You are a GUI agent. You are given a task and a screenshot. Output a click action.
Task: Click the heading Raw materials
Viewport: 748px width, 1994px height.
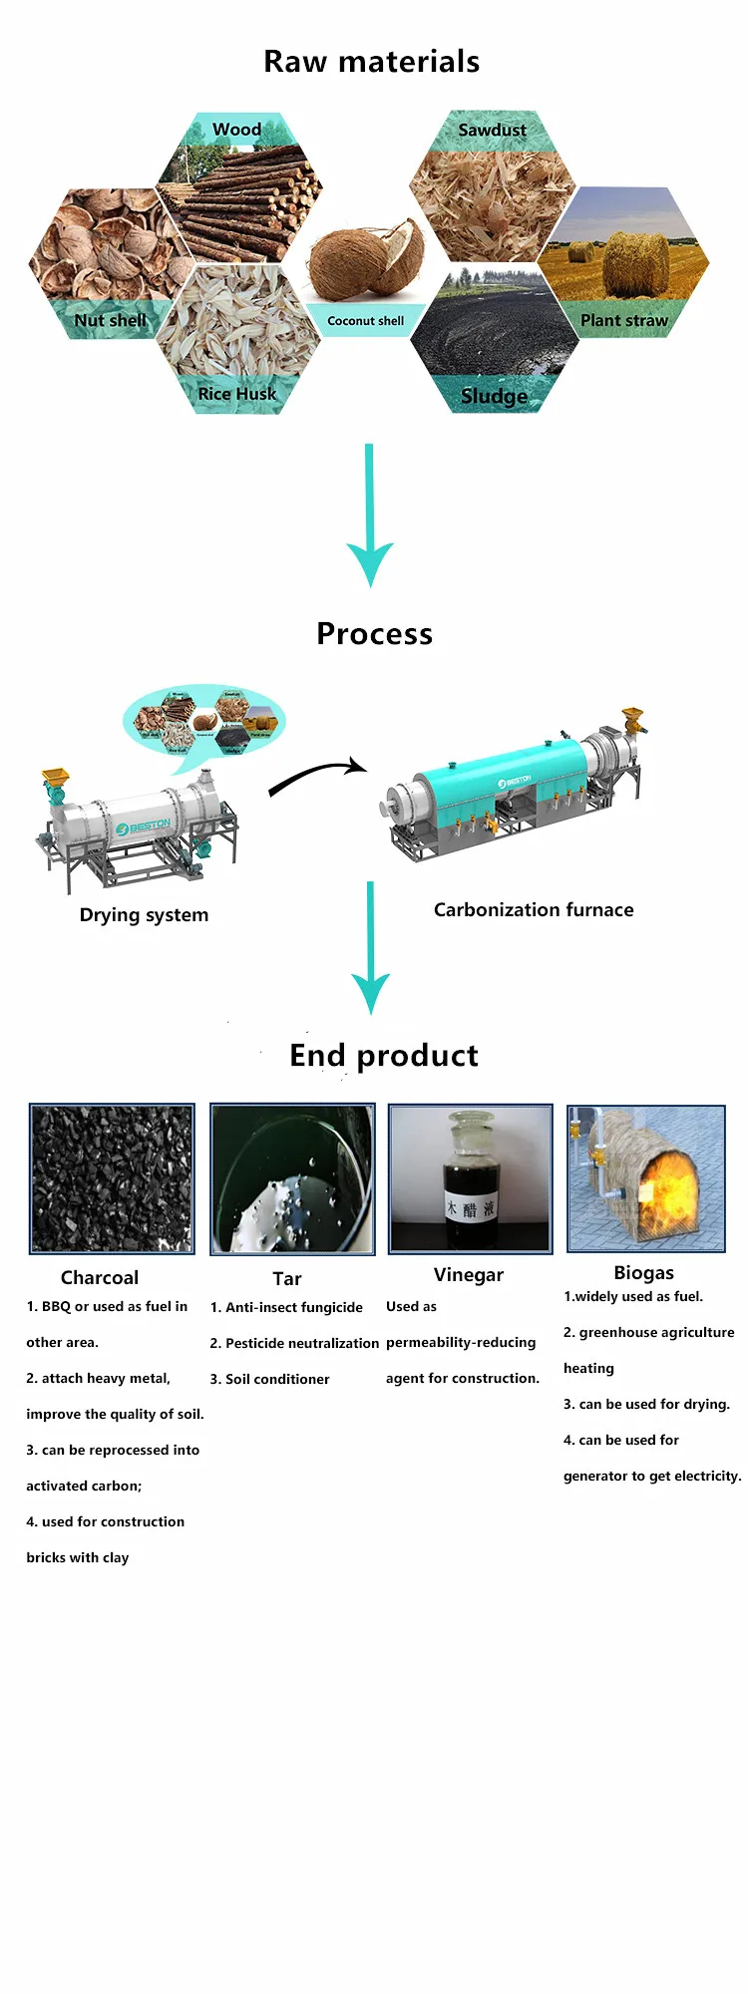(x=371, y=62)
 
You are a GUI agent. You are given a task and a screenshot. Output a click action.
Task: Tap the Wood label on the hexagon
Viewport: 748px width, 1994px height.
(x=237, y=130)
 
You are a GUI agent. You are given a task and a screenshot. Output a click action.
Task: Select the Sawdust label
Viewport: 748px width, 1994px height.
(x=492, y=130)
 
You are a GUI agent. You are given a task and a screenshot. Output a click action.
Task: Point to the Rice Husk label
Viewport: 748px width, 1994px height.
(x=237, y=394)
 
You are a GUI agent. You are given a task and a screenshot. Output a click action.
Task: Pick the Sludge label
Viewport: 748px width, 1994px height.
(x=495, y=396)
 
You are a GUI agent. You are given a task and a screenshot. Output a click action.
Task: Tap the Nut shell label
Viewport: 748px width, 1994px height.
(x=110, y=320)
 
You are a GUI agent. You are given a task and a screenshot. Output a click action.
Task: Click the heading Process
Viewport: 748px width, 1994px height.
(x=374, y=634)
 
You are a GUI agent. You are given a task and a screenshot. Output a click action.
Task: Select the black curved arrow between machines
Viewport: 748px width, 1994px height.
(x=317, y=774)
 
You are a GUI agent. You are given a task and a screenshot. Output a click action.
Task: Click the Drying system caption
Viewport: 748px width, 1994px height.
(x=144, y=915)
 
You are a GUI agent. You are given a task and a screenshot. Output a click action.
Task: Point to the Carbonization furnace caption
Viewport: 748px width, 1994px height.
(x=534, y=909)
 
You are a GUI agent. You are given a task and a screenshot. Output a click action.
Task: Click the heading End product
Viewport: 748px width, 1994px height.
(x=384, y=1055)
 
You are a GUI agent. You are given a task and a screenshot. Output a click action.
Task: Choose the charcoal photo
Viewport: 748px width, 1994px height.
(x=112, y=1177)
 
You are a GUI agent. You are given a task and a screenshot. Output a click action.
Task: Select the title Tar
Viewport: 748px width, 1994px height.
(x=287, y=1278)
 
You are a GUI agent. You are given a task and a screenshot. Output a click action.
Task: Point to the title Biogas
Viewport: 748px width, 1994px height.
(x=644, y=1272)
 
